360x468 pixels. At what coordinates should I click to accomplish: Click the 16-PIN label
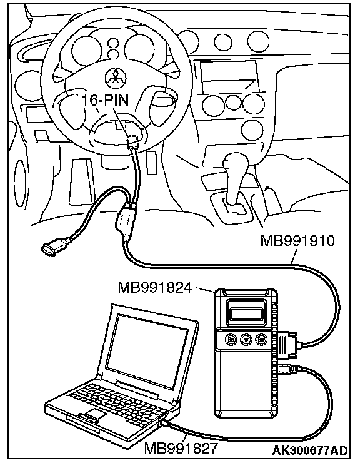(x=105, y=100)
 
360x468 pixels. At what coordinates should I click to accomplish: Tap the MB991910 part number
(x=297, y=240)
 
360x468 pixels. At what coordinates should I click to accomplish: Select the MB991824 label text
(x=155, y=288)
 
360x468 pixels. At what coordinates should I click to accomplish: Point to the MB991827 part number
(x=181, y=448)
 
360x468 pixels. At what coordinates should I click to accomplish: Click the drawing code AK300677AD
(x=310, y=450)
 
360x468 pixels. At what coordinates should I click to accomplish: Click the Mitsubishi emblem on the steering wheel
(x=116, y=78)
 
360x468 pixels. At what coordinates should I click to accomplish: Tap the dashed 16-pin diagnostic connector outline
(x=133, y=141)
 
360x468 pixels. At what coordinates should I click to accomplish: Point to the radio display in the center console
(x=229, y=76)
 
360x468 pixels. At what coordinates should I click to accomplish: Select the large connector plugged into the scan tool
(x=288, y=344)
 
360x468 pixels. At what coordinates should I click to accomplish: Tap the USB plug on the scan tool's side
(x=287, y=370)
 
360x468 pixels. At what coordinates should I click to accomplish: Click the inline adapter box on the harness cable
(x=124, y=220)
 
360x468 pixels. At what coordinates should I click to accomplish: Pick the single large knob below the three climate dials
(x=252, y=130)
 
